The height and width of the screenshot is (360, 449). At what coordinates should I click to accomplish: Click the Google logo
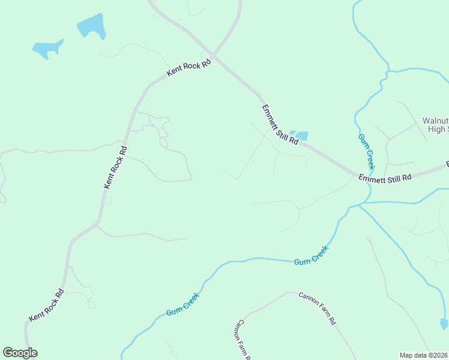20,353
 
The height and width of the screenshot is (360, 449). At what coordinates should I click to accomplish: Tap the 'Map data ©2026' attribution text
424,355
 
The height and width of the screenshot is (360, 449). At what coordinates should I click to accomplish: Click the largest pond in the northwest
92,26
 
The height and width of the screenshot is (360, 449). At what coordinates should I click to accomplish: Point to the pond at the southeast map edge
444,323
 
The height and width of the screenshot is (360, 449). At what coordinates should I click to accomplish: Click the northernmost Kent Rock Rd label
190,67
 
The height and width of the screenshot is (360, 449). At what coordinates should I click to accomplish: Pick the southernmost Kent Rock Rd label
46,307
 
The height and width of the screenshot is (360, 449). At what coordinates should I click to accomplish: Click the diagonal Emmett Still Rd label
280,125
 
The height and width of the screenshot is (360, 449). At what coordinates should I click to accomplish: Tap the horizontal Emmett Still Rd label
385,178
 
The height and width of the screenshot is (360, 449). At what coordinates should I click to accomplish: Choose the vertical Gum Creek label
367,151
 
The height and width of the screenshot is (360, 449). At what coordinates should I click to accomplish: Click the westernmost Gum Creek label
182,305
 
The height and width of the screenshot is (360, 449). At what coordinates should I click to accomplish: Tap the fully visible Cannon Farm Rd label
317,308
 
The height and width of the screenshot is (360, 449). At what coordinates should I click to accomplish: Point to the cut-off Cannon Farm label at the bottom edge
243,340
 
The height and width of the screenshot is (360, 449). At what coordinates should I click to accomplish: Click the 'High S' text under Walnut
438,129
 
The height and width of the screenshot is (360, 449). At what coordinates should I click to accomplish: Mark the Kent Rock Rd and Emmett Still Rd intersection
215,58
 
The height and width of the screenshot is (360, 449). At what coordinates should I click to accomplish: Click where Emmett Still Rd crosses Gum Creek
367,176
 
